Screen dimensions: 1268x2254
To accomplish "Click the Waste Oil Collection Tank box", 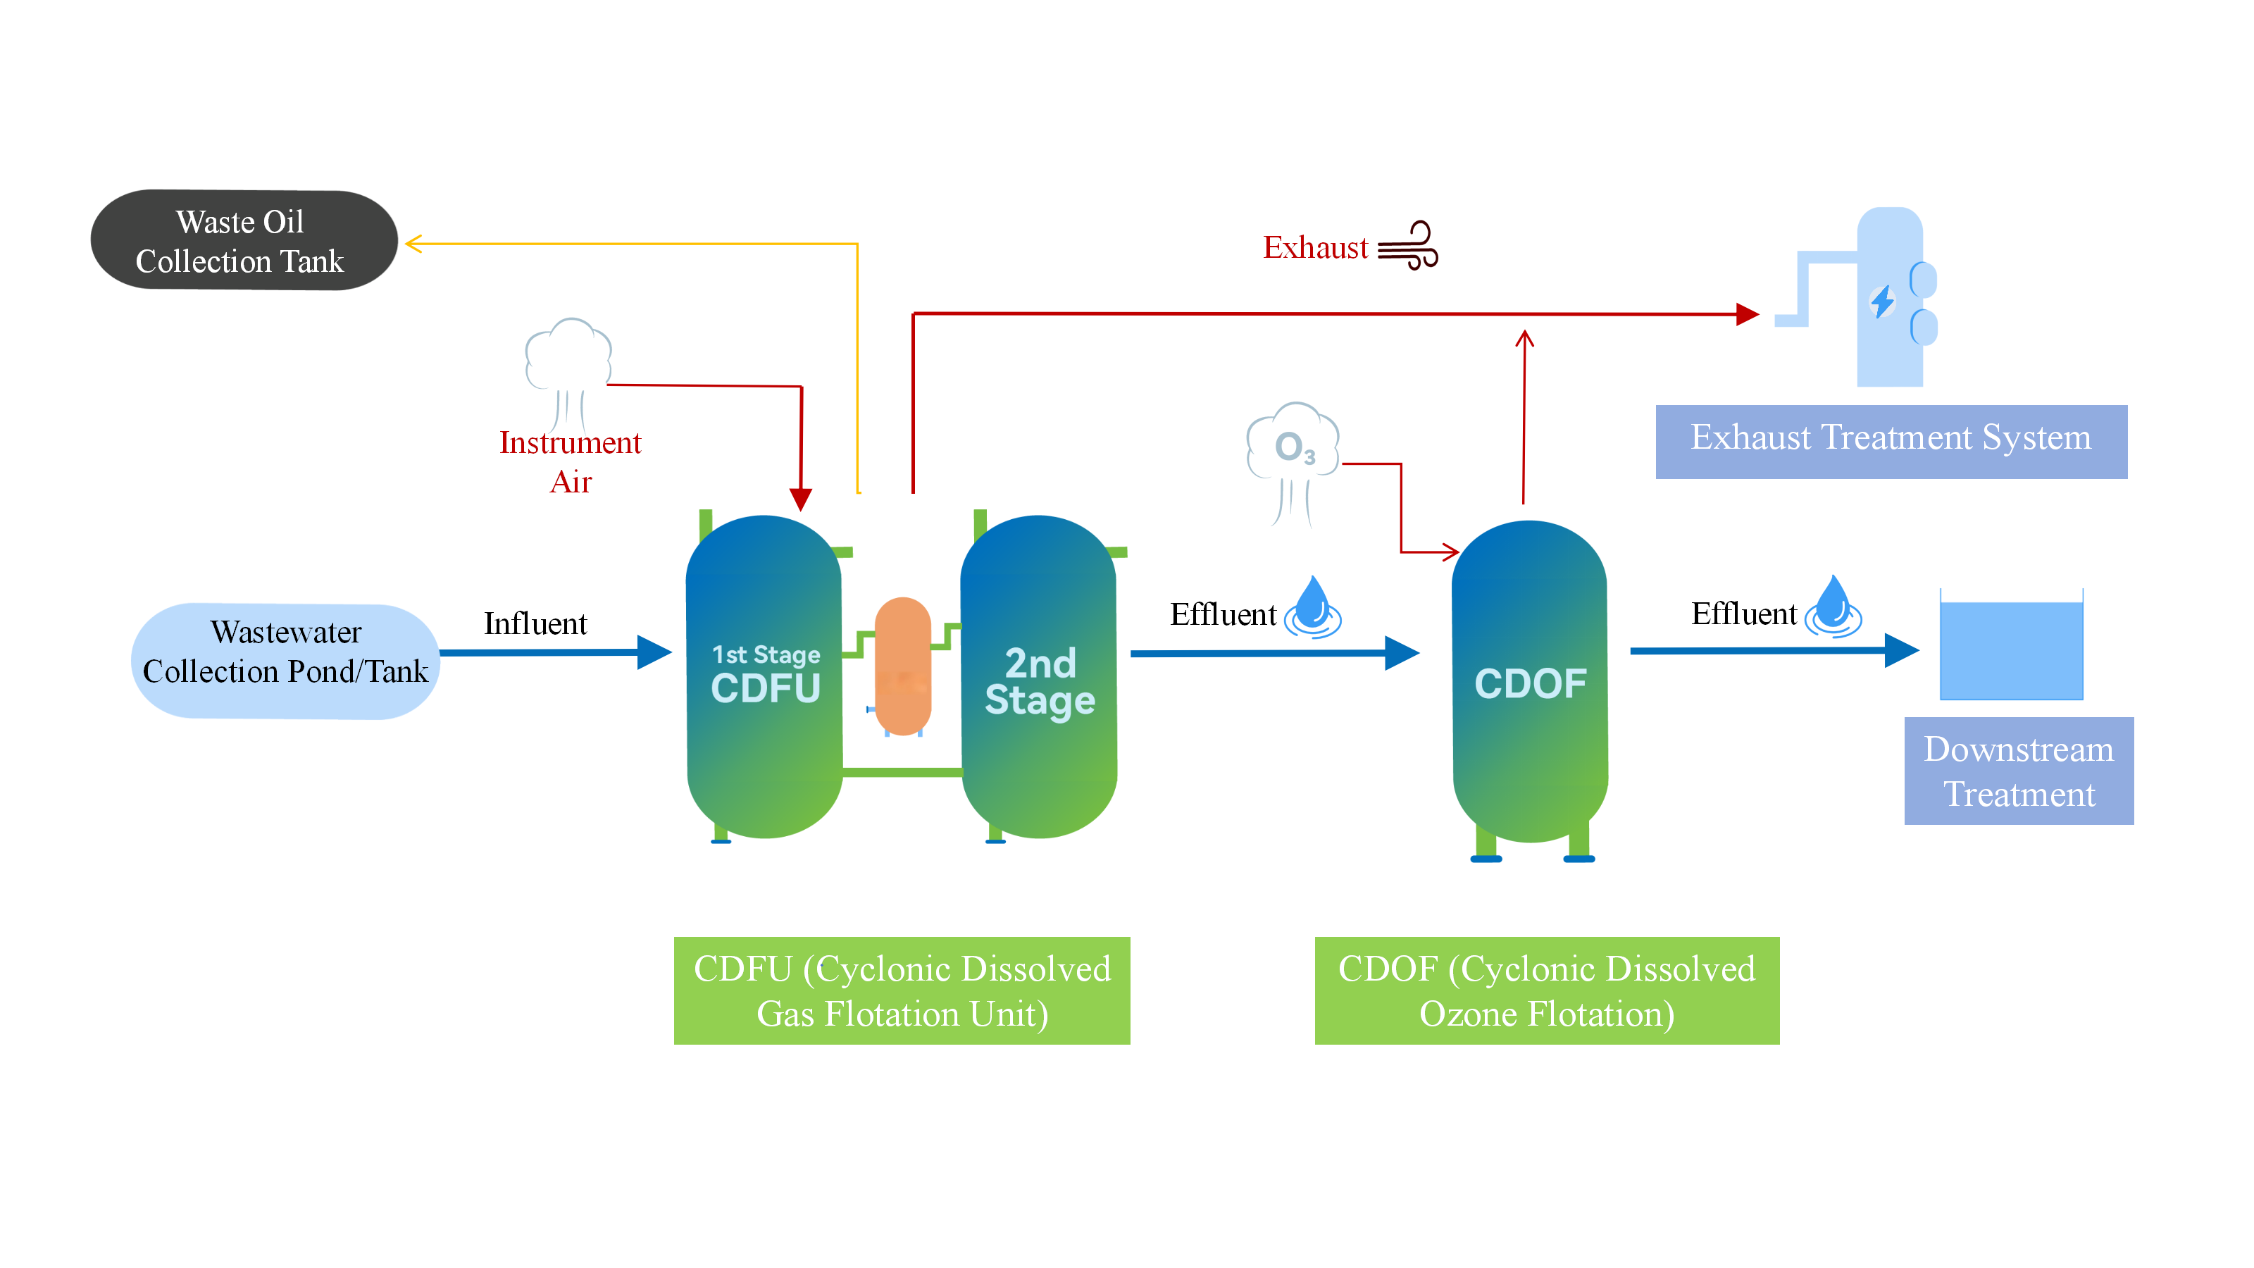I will [243, 241].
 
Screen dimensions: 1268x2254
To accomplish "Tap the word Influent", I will [535, 624].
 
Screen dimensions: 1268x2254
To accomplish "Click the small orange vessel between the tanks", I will [902, 665].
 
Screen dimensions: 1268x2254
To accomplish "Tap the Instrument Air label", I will [571, 462].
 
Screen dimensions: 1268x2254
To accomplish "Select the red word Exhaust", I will [1314, 248].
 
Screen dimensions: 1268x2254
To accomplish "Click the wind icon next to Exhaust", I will [1408, 246].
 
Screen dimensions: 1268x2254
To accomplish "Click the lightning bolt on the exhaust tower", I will [1882, 302].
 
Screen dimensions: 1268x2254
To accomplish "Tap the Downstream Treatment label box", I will [2018, 771].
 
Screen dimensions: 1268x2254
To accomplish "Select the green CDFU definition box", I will [902, 990].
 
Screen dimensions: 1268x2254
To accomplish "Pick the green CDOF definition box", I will [1546, 990].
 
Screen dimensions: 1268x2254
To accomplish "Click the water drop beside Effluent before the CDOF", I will [1312, 606].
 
